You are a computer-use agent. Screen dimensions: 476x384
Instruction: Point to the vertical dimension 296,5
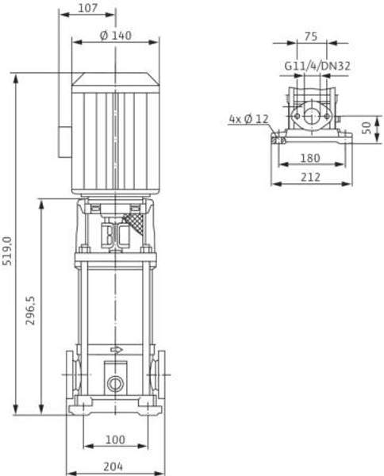pyautogui.click(x=31, y=310)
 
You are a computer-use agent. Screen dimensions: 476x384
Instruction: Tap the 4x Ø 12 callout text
pyautogui.click(x=248, y=118)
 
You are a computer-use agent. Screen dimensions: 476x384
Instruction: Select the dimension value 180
pyautogui.click(x=311, y=158)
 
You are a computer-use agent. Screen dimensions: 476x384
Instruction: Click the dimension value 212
pyautogui.click(x=311, y=177)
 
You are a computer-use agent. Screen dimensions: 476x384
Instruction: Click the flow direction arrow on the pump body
pyautogui.click(x=117, y=349)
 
